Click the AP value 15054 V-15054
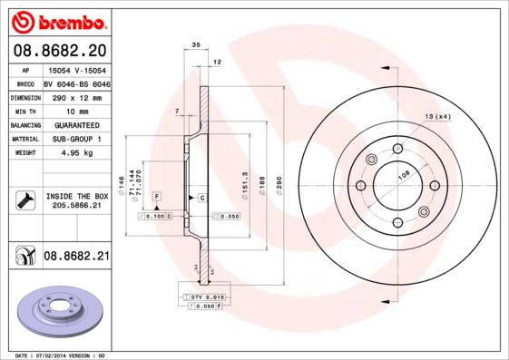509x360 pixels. (76, 69)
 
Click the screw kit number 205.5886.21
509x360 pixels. (76, 206)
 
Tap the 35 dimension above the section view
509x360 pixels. (196, 44)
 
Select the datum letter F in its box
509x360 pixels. (157, 196)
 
